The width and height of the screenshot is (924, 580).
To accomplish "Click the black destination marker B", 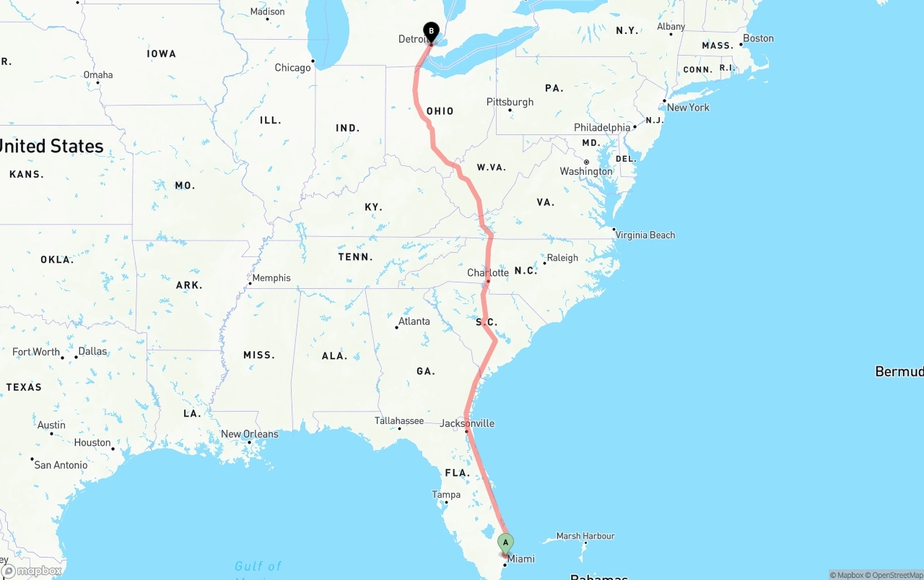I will click(x=431, y=32).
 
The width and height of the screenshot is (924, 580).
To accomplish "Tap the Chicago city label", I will click(x=292, y=68).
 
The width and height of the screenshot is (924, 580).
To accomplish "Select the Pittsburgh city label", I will click(x=510, y=102).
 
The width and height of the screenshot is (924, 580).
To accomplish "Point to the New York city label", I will click(x=688, y=108).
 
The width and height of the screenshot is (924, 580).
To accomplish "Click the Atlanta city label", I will click(x=414, y=321).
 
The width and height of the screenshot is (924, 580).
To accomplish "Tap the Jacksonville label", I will click(x=467, y=423).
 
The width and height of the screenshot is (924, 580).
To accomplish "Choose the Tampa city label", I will click(x=446, y=495).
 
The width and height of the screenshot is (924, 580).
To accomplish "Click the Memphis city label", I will click(x=271, y=278).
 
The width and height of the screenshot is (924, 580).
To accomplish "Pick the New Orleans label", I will click(x=249, y=434).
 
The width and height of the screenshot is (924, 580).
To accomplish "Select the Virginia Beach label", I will click(x=645, y=235).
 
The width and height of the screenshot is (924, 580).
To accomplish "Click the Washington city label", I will click(x=585, y=171).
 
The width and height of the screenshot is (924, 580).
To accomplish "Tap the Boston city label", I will click(x=758, y=38).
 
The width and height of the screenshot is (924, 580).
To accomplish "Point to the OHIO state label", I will click(x=440, y=111).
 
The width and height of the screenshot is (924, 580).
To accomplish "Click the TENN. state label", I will click(x=355, y=257).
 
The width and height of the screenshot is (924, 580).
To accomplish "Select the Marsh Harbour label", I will click(x=585, y=536).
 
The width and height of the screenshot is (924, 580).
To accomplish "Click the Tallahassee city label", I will click(x=399, y=420).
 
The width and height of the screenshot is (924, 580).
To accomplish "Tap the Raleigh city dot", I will click(x=544, y=263).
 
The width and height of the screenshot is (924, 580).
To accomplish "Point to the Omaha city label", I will click(x=98, y=74).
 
